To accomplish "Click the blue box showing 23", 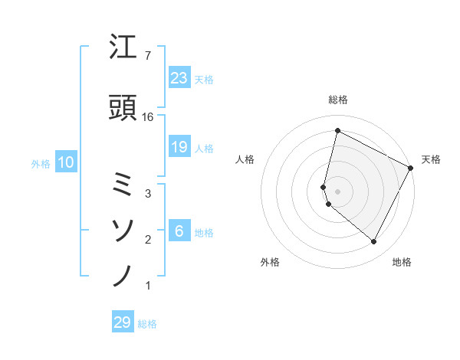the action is [x=179, y=77].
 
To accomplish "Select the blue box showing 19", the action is [x=179, y=147].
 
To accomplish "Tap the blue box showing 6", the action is [x=179, y=231].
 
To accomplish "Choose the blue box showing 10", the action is [x=65, y=162].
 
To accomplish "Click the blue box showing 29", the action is [x=123, y=322].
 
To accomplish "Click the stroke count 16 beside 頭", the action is [x=148, y=117].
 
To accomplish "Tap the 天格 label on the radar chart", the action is [x=431, y=159].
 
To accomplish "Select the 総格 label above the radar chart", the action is [x=338, y=100].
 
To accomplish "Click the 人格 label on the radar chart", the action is [x=245, y=159].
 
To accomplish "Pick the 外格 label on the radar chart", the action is [x=270, y=262].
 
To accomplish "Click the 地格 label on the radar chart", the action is [x=402, y=262].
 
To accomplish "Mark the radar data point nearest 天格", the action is [x=411, y=168].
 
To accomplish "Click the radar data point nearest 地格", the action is [x=373, y=242].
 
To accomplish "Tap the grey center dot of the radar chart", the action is [x=337, y=191].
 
